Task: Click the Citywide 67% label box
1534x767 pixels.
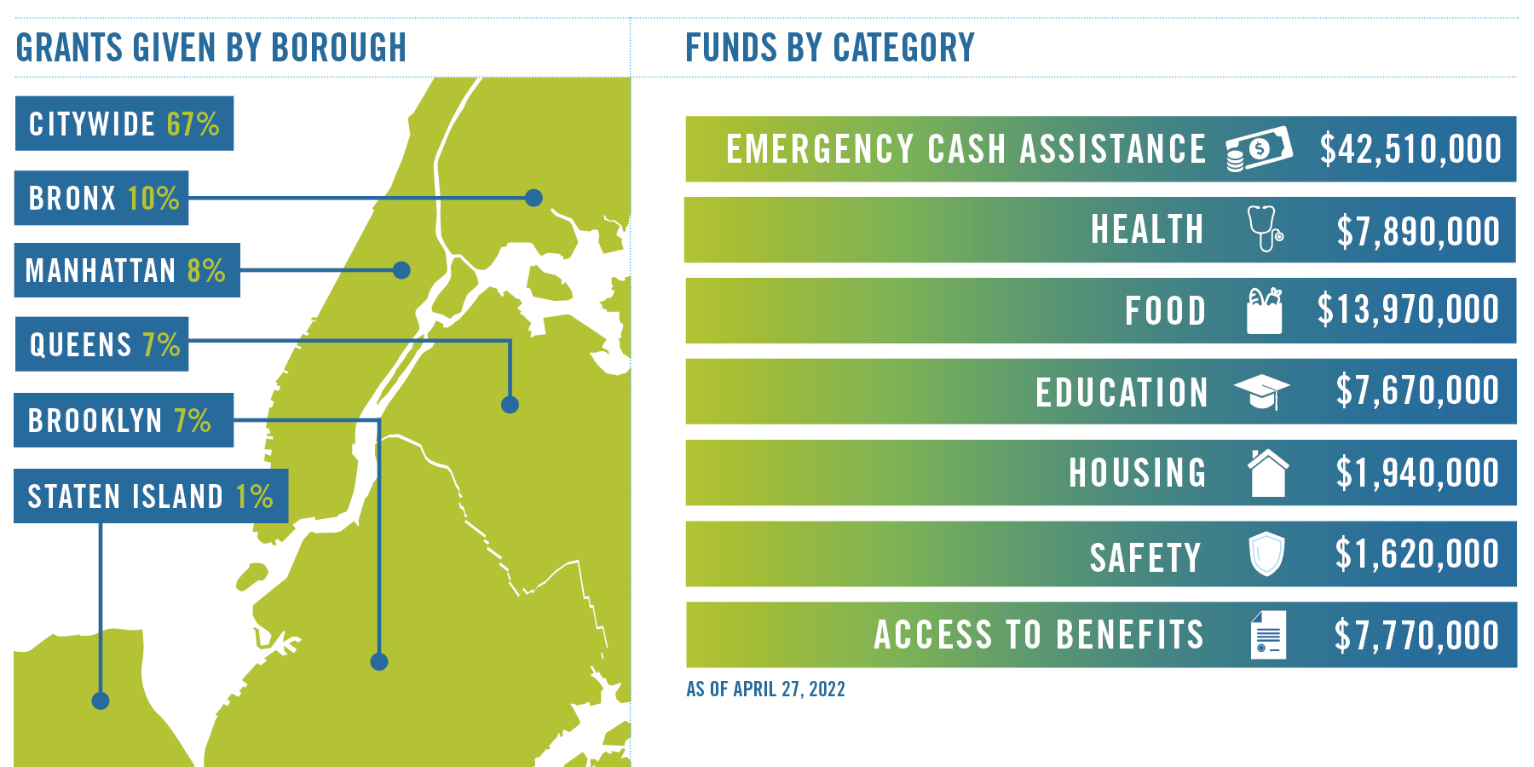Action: [x=124, y=124]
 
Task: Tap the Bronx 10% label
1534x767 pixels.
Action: [x=101, y=198]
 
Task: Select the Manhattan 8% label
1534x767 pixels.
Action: [x=127, y=270]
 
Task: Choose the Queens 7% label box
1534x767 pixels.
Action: [x=102, y=344]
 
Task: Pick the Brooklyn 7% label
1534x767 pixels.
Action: [x=124, y=420]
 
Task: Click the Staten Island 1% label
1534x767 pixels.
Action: [x=151, y=496]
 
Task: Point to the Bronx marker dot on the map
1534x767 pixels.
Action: [x=533, y=198]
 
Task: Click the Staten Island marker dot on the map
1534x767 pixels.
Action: [x=101, y=701]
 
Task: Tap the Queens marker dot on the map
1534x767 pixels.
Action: [x=510, y=405]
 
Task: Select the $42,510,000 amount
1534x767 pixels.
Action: [x=1410, y=149]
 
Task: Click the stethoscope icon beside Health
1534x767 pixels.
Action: [x=1266, y=228]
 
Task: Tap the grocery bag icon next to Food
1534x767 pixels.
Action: [x=1264, y=310]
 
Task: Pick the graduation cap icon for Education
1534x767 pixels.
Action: [x=1261, y=392]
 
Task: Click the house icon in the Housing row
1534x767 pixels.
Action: [x=1268, y=473]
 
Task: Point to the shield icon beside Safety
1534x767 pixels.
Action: [x=1266, y=554]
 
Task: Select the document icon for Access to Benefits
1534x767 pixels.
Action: [x=1268, y=635]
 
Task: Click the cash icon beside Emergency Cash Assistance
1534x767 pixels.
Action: [x=1259, y=149]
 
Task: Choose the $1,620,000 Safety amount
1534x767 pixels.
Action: [x=1417, y=554]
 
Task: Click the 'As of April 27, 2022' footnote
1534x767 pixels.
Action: [x=765, y=689]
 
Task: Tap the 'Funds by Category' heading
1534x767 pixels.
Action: [x=830, y=48]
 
